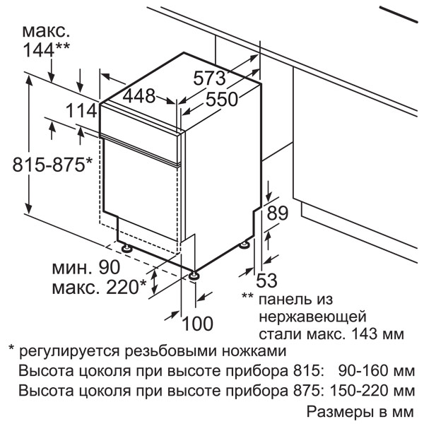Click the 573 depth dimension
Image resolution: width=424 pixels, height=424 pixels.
pos(209,78)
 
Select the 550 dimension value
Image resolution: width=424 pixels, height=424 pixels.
pos(222,99)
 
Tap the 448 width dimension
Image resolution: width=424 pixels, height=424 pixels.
pos(139,95)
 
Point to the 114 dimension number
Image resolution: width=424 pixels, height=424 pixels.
pos(82,111)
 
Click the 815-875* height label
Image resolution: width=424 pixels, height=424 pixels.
pos(52,165)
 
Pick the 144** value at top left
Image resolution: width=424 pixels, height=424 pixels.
pos(47,49)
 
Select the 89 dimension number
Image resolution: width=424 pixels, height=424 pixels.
pos(278,213)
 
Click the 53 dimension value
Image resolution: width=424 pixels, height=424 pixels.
pos(266,280)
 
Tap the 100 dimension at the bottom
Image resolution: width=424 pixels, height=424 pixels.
pos(198,323)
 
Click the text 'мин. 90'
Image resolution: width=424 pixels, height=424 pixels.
pos(86,267)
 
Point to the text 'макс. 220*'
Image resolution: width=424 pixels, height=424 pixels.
pos(99,287)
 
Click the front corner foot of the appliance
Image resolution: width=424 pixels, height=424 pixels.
pos(194,276)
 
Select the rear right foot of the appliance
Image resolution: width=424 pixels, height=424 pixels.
pos(246,245)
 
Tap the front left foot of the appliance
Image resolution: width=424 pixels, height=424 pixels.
pos(126,248)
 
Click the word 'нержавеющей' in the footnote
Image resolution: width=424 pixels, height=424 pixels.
pos(312,317)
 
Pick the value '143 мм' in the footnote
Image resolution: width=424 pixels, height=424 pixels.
pos(378,334)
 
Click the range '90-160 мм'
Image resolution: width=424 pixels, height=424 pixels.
pos(377,371)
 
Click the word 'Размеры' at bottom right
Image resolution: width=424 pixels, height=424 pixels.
pos(338,412)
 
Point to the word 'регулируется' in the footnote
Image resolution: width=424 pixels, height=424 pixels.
pos(69,352)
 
